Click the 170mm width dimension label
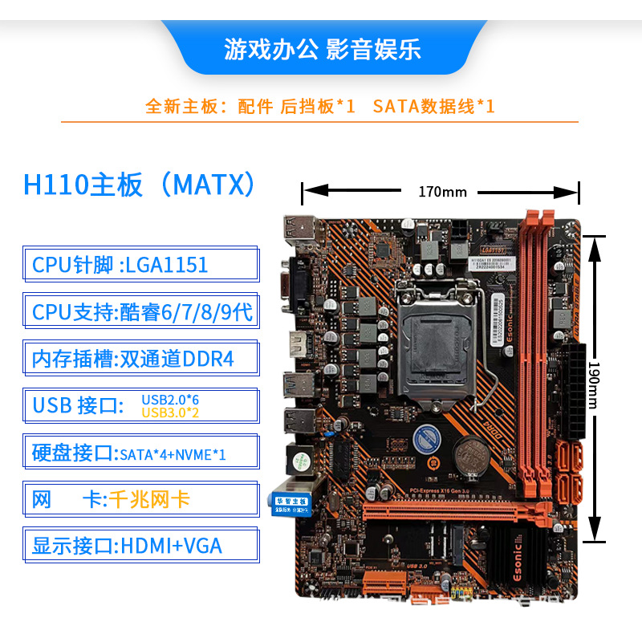[442, 191]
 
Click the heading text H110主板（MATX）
[140, 184]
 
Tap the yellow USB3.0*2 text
[169, 412]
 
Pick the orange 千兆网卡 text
[149, 499]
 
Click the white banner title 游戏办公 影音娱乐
[322, 49]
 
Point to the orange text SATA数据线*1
[433, 106]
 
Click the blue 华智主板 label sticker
[289, 502]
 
